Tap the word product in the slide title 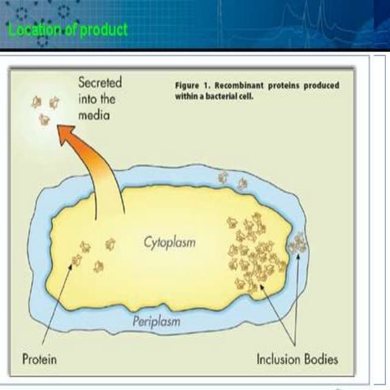coord(102,29)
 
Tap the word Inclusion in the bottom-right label coord(280,358)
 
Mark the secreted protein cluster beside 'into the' coord(45,109)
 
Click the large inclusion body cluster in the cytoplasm coord(255,252)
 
